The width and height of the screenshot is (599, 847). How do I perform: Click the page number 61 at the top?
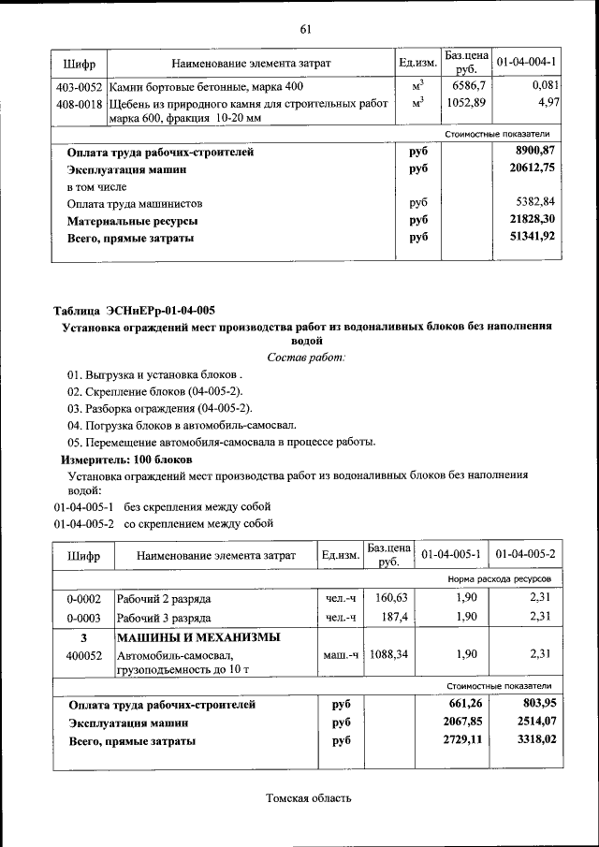[x=305, y=29]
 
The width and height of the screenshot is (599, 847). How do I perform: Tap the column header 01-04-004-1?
[x=527, y=64]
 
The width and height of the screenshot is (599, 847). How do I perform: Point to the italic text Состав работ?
[x=306, y=357]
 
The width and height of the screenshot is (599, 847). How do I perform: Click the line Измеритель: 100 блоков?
[x=126, y=460]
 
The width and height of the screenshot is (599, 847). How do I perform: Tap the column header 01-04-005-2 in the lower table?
[x=526, y=555]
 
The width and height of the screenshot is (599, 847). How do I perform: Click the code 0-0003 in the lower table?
[x=83, y=618]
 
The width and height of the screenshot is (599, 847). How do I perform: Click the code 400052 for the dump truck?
[x=83, y=655]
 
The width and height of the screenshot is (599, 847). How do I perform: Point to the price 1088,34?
[x=386, y=655]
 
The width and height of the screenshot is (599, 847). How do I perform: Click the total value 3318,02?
[x=530, y=740]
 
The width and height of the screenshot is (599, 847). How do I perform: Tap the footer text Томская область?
[x=308, y=798]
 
